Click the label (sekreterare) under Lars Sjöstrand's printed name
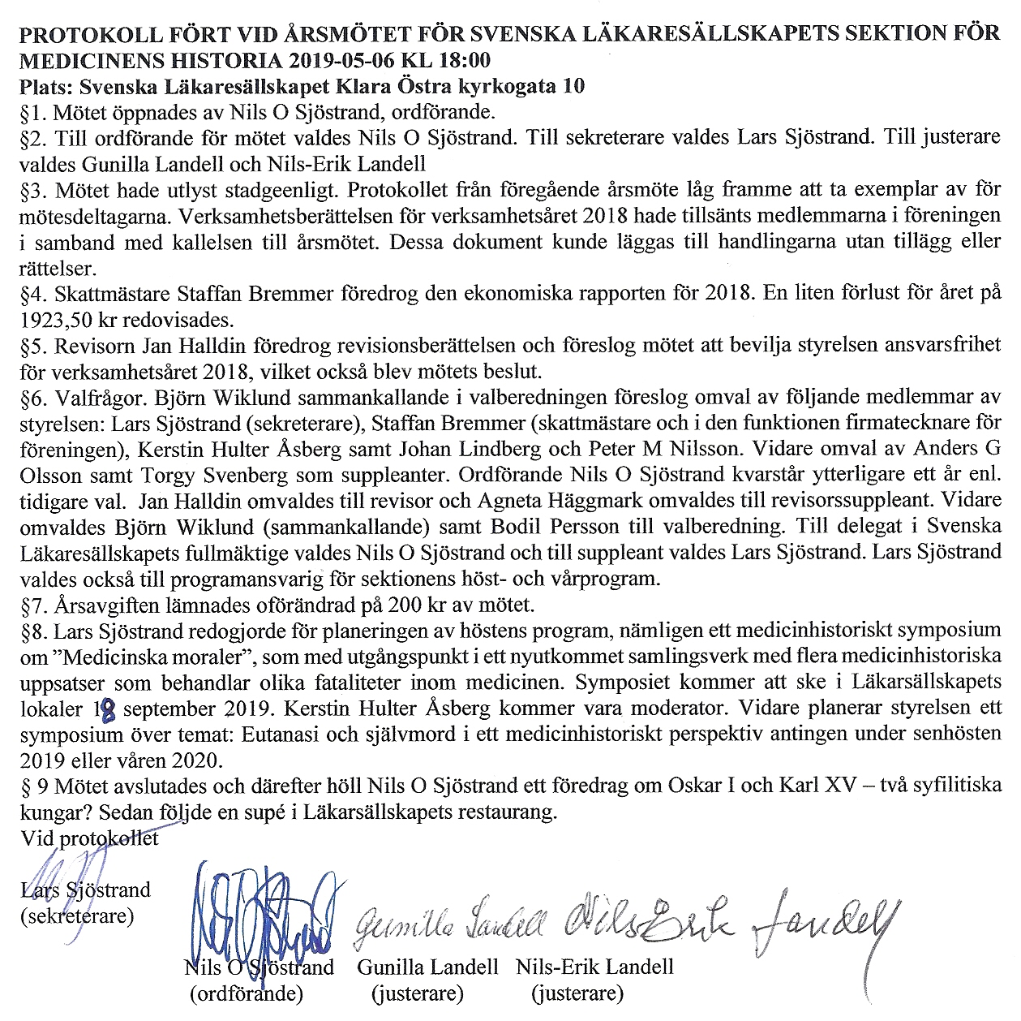coord(78,916)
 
